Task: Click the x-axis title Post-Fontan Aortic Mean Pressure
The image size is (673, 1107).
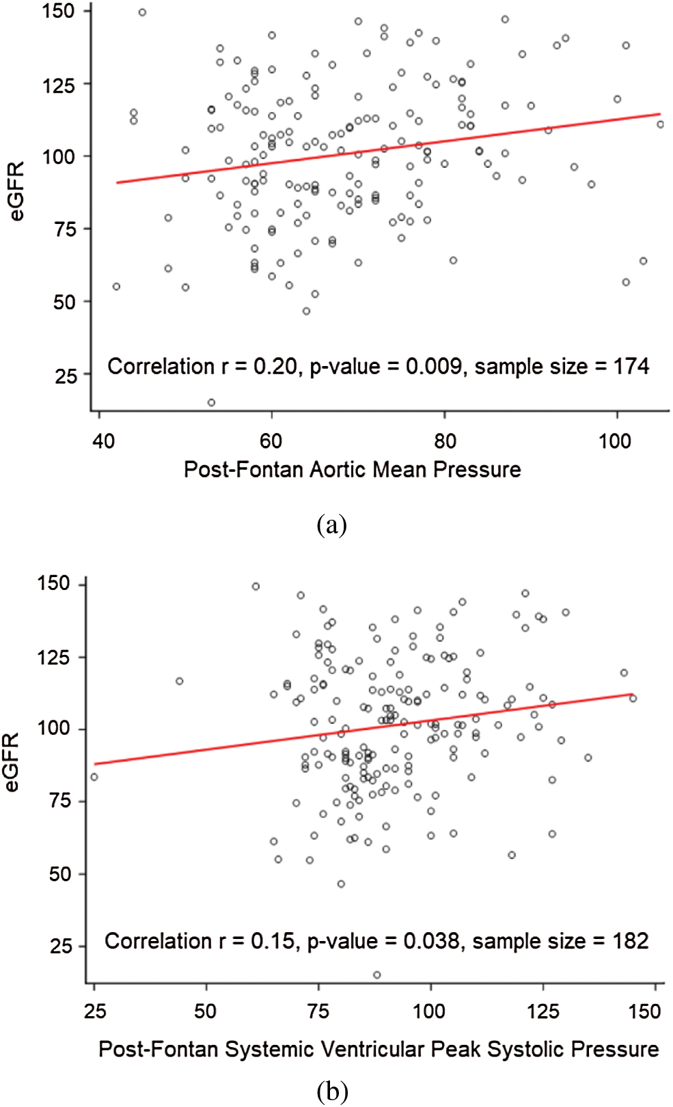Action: pyautogui.click(x=352, y=470)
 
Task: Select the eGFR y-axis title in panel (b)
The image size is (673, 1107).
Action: pyautogui.click(x=12, y=763)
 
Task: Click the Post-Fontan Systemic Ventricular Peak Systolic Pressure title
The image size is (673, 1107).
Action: pyautogui.click(x=379, y=1049)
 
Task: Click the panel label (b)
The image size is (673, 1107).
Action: pyautogui.click(x=332, y=1091)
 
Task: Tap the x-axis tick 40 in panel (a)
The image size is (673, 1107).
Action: pyautogui.click(x=104, y=441)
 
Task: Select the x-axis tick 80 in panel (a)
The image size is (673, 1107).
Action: pyautogui.click(x=445, y=441)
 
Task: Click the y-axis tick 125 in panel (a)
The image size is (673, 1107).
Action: pyautogui.click(x=58, y=86)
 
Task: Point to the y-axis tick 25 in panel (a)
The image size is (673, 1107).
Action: pyautogui.click(x=66, y=376)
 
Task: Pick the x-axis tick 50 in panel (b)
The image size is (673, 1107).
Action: pyautogui.click(x=206, y=1011)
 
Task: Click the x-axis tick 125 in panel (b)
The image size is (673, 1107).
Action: pyautogui.click(x=543, y=1011)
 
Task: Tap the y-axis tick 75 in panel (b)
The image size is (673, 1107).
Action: pyautogui.click(x=61, y=800)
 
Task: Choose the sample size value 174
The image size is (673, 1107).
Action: pyautogui.click(x=631, y=367)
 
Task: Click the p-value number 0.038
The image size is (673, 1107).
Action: pyautogui.click(x=431, y=941)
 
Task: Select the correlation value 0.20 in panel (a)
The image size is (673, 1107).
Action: pyautogui.click(x=275, y=367)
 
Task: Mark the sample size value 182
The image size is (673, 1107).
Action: pyautogui.click(x=630, y=941)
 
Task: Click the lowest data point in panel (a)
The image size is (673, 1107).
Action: pyautogui.click(x=211, y=402)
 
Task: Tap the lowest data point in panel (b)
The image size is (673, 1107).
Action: pyautogui.click(x=376, y=975)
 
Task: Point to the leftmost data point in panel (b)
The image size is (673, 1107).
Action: pyautogui.click(x=94, y=777)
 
